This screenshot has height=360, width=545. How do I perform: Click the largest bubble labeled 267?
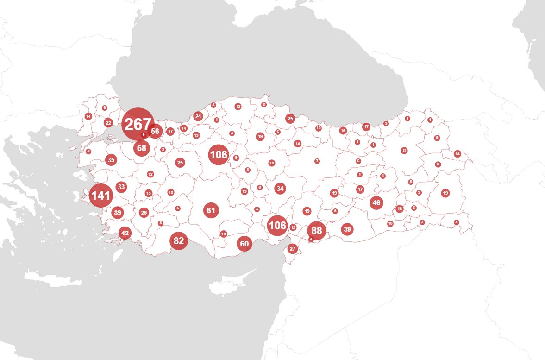click(138, 124)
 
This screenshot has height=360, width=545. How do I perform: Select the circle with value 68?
click(142, 148)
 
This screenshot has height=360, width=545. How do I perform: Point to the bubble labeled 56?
click(155, 131)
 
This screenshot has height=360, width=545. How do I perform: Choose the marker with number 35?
click(111, 160)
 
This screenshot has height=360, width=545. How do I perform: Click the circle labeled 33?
click(121, 187)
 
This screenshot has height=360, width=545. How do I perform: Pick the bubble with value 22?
click(108, 123)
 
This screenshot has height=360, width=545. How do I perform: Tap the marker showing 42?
click(125, 233)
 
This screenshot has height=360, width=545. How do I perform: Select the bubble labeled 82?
click(179, 241)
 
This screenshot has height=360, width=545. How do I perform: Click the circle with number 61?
click(211, 210)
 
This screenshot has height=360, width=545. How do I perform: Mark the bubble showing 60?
click(244, 244)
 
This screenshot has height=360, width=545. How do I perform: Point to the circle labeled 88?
click(317, 230)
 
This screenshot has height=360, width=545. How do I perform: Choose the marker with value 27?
click(292, 249)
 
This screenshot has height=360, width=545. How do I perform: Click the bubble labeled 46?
click(376, 202)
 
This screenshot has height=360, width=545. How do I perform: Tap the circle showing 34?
click(280, 189)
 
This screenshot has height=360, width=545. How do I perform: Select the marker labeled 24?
click(198, 116)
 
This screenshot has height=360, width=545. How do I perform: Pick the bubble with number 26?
click(144, 213)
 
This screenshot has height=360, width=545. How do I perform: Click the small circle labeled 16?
click(400, 209)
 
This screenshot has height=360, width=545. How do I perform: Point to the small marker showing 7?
click(317, 161)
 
